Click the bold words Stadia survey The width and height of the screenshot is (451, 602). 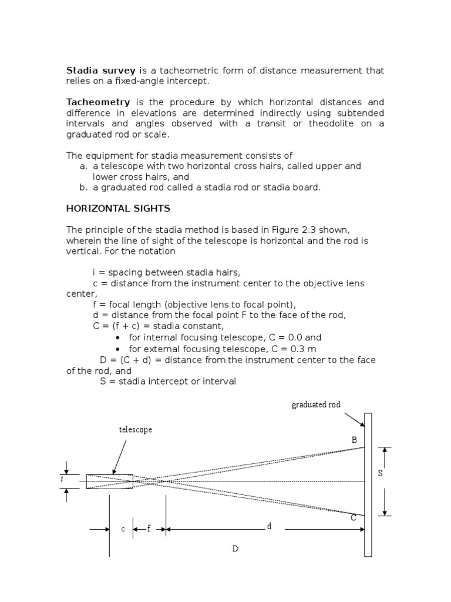click(101, 71)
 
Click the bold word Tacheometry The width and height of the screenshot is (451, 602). click(97, 102)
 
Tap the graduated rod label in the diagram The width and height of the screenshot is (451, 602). click(317, 404)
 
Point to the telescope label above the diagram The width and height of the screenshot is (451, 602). click(136, 430)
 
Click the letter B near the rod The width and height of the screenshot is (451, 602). click(354, 440)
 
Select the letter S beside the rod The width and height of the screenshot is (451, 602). click(381, 474)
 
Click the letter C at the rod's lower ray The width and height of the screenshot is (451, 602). click(354, 518)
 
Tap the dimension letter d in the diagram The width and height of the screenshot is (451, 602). click(270, 526)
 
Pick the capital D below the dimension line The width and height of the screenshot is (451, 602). click(235, 549)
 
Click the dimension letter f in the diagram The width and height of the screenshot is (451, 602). click(149, 528)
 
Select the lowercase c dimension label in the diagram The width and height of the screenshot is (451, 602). click(123, 529)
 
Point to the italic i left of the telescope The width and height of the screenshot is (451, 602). click(62, 480)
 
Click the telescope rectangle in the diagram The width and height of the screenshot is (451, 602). click(110, 481)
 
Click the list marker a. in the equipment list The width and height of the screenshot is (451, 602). click(83, 166)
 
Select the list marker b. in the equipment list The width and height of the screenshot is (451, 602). click(83, 188)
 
